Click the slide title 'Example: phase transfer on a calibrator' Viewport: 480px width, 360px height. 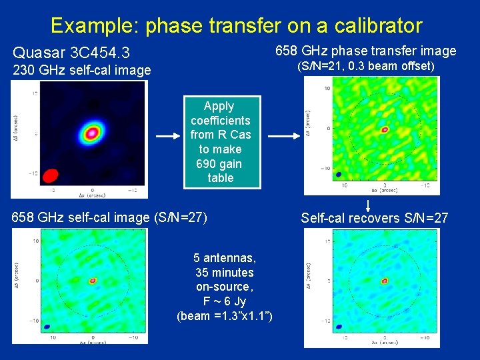coord(236,25)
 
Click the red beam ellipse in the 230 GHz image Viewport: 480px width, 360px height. coord(50,175)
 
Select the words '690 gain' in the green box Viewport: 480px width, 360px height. coord(219,163)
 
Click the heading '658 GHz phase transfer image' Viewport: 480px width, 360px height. coord(366,51)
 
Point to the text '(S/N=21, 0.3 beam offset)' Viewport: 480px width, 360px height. coord(366,66)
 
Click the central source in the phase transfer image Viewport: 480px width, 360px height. coord(385,130)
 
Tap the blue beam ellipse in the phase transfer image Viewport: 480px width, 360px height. coord(339,175)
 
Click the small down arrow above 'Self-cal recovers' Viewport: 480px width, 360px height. coord(368,205)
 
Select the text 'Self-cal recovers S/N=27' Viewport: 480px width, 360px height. coord(374,218)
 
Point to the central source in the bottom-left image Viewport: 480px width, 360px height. coord(93,281)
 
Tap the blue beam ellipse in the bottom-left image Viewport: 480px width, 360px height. coord(47,327)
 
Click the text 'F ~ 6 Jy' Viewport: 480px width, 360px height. coord(224,301)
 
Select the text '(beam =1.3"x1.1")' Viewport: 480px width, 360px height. coord(224,316)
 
